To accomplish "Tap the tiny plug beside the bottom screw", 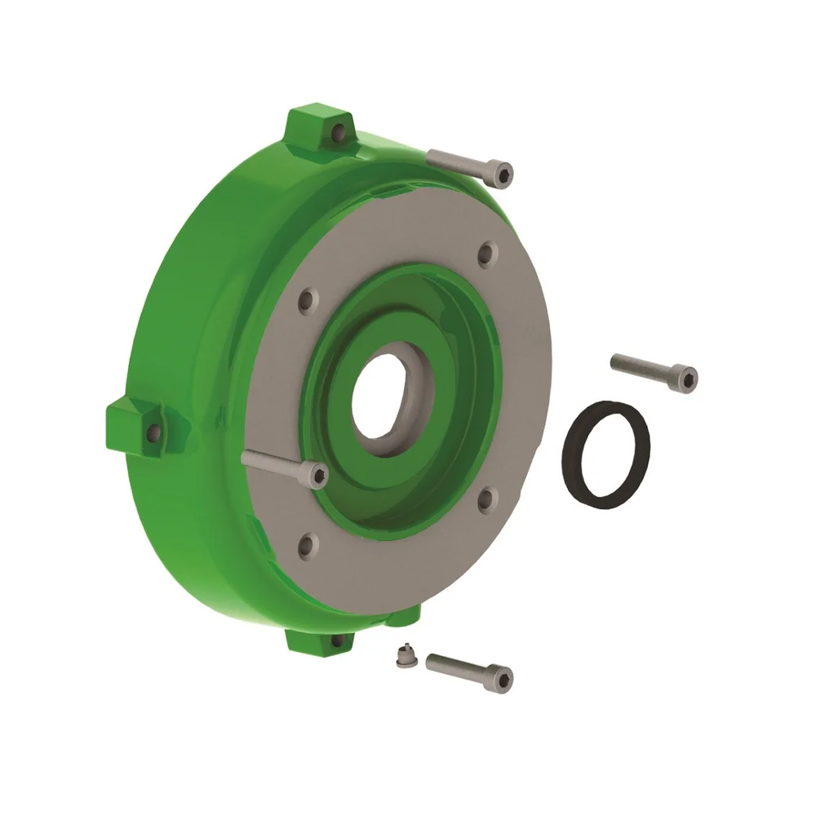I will pos(401,656).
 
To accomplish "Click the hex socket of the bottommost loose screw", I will pos(504,676).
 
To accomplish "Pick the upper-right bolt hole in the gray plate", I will pos(486,255).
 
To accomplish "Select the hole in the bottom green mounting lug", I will pos(336,641).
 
